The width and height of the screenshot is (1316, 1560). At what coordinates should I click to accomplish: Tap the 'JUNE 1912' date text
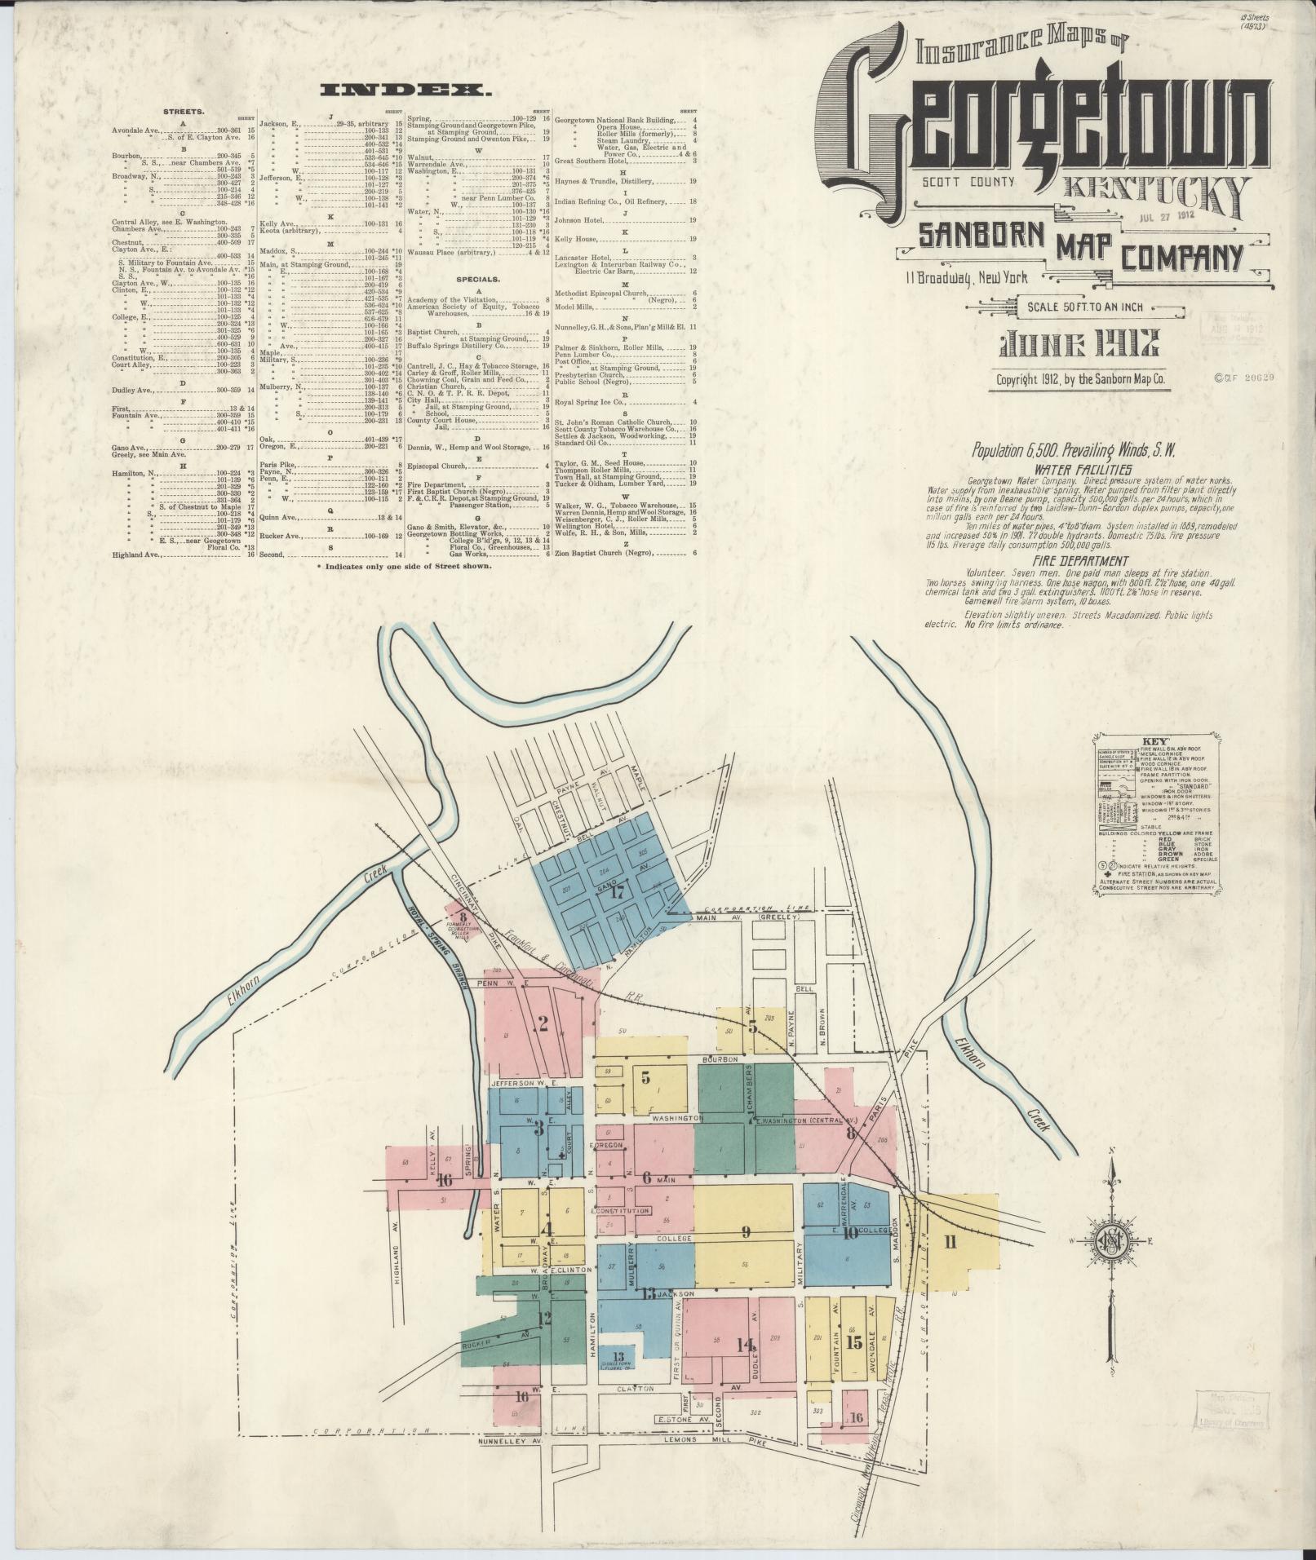[1074, 347]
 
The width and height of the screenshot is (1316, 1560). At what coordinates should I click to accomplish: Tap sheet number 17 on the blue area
[618, 892]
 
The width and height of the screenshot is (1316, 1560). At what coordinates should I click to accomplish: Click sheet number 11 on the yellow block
[950, 1242]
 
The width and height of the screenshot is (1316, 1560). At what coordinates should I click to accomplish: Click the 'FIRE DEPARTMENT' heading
[1080, 561]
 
